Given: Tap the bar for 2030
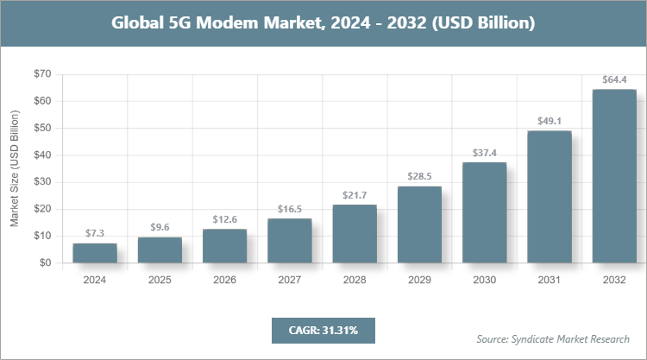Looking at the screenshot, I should pos(484,212).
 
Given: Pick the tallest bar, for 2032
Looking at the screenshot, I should pos(614,176).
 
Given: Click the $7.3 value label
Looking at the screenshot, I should pos(95,234).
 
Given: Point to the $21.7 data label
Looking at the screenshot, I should pos(355,195).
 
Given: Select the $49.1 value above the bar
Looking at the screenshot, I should pos(550,121).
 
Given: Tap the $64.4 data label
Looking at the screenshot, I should pos(614,79).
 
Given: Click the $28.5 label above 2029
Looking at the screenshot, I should pos(419,177).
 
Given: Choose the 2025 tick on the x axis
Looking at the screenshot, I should pos(160,281).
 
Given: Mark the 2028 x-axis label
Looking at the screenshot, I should pos(355,281).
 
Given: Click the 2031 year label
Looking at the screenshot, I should pos(550,281).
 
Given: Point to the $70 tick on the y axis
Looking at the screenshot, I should pos(41,74).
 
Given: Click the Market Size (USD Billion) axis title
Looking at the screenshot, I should pos(15,168).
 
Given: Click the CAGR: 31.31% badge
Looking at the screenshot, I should pos(323,330).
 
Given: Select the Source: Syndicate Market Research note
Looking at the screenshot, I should pos(553,338).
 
